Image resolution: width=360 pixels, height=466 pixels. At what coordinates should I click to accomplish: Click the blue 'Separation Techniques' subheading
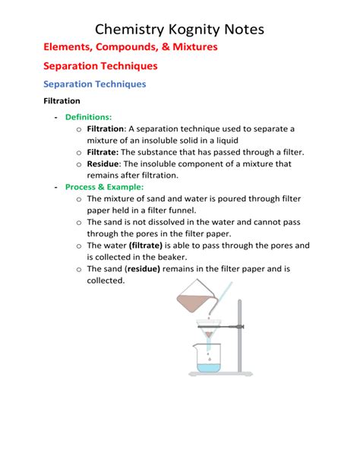pos(95,84)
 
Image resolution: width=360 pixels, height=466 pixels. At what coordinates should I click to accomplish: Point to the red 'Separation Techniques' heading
pos(100,66)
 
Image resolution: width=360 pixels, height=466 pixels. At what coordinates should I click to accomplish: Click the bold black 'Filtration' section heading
pos(62,100)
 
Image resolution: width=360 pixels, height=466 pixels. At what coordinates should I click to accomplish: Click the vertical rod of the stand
pos(240,334)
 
